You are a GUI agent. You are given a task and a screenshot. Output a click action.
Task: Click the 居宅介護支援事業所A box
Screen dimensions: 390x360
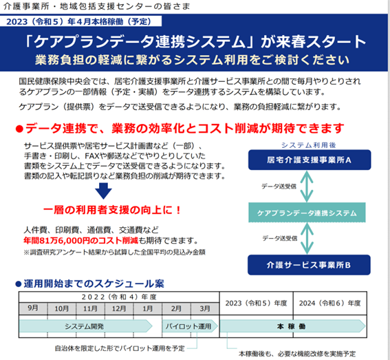pyautogui.click(x=310, y=160)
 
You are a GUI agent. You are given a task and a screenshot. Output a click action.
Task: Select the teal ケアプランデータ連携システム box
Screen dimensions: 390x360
pyautogui.click(x=307, y=213)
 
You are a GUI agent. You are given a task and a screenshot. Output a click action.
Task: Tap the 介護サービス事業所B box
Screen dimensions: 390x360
pyautogui.click(x=309, y=265)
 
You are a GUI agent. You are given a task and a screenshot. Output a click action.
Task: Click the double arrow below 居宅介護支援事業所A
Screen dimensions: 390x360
pyautogui.click(x=307, y=187)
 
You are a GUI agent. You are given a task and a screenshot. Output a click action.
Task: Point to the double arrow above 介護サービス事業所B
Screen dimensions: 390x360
pyautogui.click(x=307, y=238)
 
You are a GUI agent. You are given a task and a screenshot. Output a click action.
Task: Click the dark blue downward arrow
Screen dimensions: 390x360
pyautogui.click(x=103, y=191)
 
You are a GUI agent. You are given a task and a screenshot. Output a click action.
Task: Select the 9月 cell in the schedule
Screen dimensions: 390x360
pyautogui.click(x=33, y=308)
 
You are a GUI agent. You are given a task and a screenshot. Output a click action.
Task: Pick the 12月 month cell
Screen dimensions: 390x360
pyautogui.click(x=119, y=308)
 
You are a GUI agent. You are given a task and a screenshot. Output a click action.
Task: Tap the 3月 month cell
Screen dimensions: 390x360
pyautogui.click(x=205, y=308)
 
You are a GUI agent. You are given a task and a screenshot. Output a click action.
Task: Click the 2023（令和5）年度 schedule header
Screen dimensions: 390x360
pyautogui.click(x=256, y=304)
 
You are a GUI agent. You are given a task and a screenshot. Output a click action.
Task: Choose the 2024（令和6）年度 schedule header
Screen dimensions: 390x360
pyautogui.click(x=329, y=304)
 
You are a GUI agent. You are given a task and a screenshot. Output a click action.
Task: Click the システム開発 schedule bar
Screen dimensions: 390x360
pyautogui.click(x=85, y=326)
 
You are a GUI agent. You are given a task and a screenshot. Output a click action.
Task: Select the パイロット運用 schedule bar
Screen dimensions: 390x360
pyautogui.click(x=190, y=326)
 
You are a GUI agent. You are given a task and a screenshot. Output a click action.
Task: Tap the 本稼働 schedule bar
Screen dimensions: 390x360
pyautogui.click(x=293, y=326)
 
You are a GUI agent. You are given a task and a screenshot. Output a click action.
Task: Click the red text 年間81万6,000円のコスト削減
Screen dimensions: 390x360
pyautogui.click(x=81, y=240)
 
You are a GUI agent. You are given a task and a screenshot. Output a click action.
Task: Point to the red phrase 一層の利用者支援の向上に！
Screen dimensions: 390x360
pyautogui.click(x=112, y=210)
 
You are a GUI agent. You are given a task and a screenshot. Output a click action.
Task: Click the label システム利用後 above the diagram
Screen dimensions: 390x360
pyautogui.click(x=308, y=145)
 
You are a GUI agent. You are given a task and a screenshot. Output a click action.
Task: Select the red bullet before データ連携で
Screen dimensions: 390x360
pyautogui.click(x=19, y=129)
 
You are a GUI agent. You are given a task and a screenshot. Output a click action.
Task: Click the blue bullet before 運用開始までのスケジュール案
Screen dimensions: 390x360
pyautogui.click(x=19, y=284)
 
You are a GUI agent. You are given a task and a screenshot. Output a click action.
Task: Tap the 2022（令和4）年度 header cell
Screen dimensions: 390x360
pyautogui.click(x=119, y=297)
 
